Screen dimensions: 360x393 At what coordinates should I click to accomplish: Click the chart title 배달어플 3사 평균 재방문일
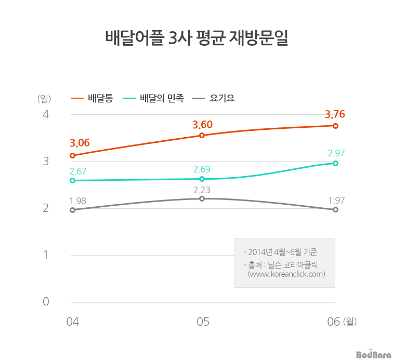pos(197,39)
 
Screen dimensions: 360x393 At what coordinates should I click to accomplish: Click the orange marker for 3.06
pos(73,155)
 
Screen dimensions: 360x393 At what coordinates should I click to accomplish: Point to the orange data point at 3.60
pos(202,136)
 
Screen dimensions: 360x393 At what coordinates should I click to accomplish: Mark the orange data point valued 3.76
pos(335,126)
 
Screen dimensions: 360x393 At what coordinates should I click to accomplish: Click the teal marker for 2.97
pos(335,163)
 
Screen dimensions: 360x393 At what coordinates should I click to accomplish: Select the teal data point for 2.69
pos(202,179)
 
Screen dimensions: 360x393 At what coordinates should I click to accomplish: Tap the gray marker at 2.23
pos(202,198)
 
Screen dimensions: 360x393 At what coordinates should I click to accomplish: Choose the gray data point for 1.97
pos(335,209)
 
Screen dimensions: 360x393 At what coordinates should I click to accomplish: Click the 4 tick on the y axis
pos(46,114)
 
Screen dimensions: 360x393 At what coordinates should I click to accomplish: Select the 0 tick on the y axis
pos(46,302)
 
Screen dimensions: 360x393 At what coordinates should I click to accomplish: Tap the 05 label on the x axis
pos(203,322)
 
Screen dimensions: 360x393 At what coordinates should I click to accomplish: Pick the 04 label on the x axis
pos(73,322)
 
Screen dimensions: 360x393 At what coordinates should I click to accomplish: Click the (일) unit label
pos(44,98)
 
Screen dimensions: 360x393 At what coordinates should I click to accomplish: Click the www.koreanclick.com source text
pos(286,274)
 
